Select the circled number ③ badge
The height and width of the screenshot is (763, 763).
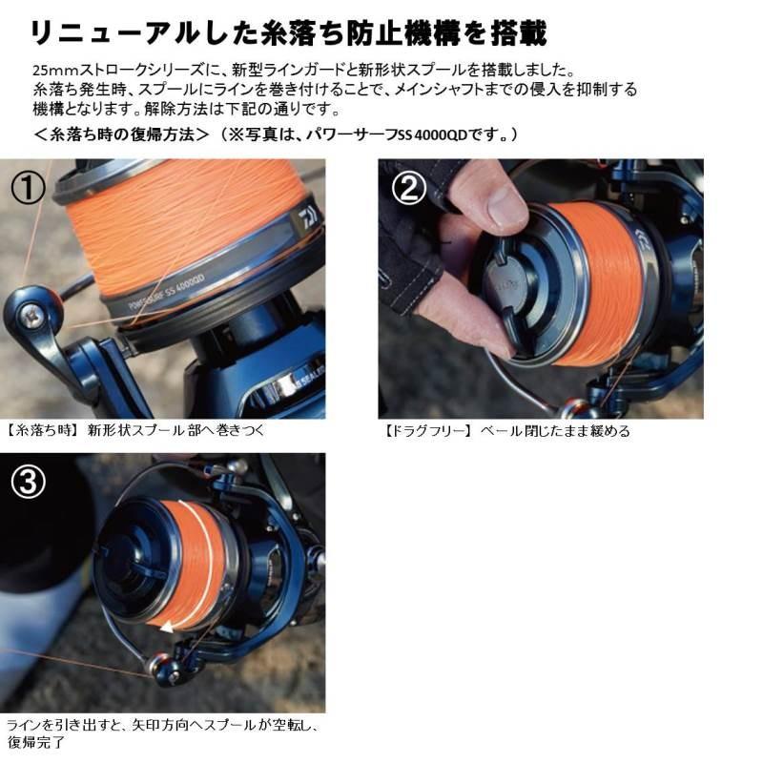[29, 484]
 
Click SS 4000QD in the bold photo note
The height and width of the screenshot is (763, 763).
[446, 134]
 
